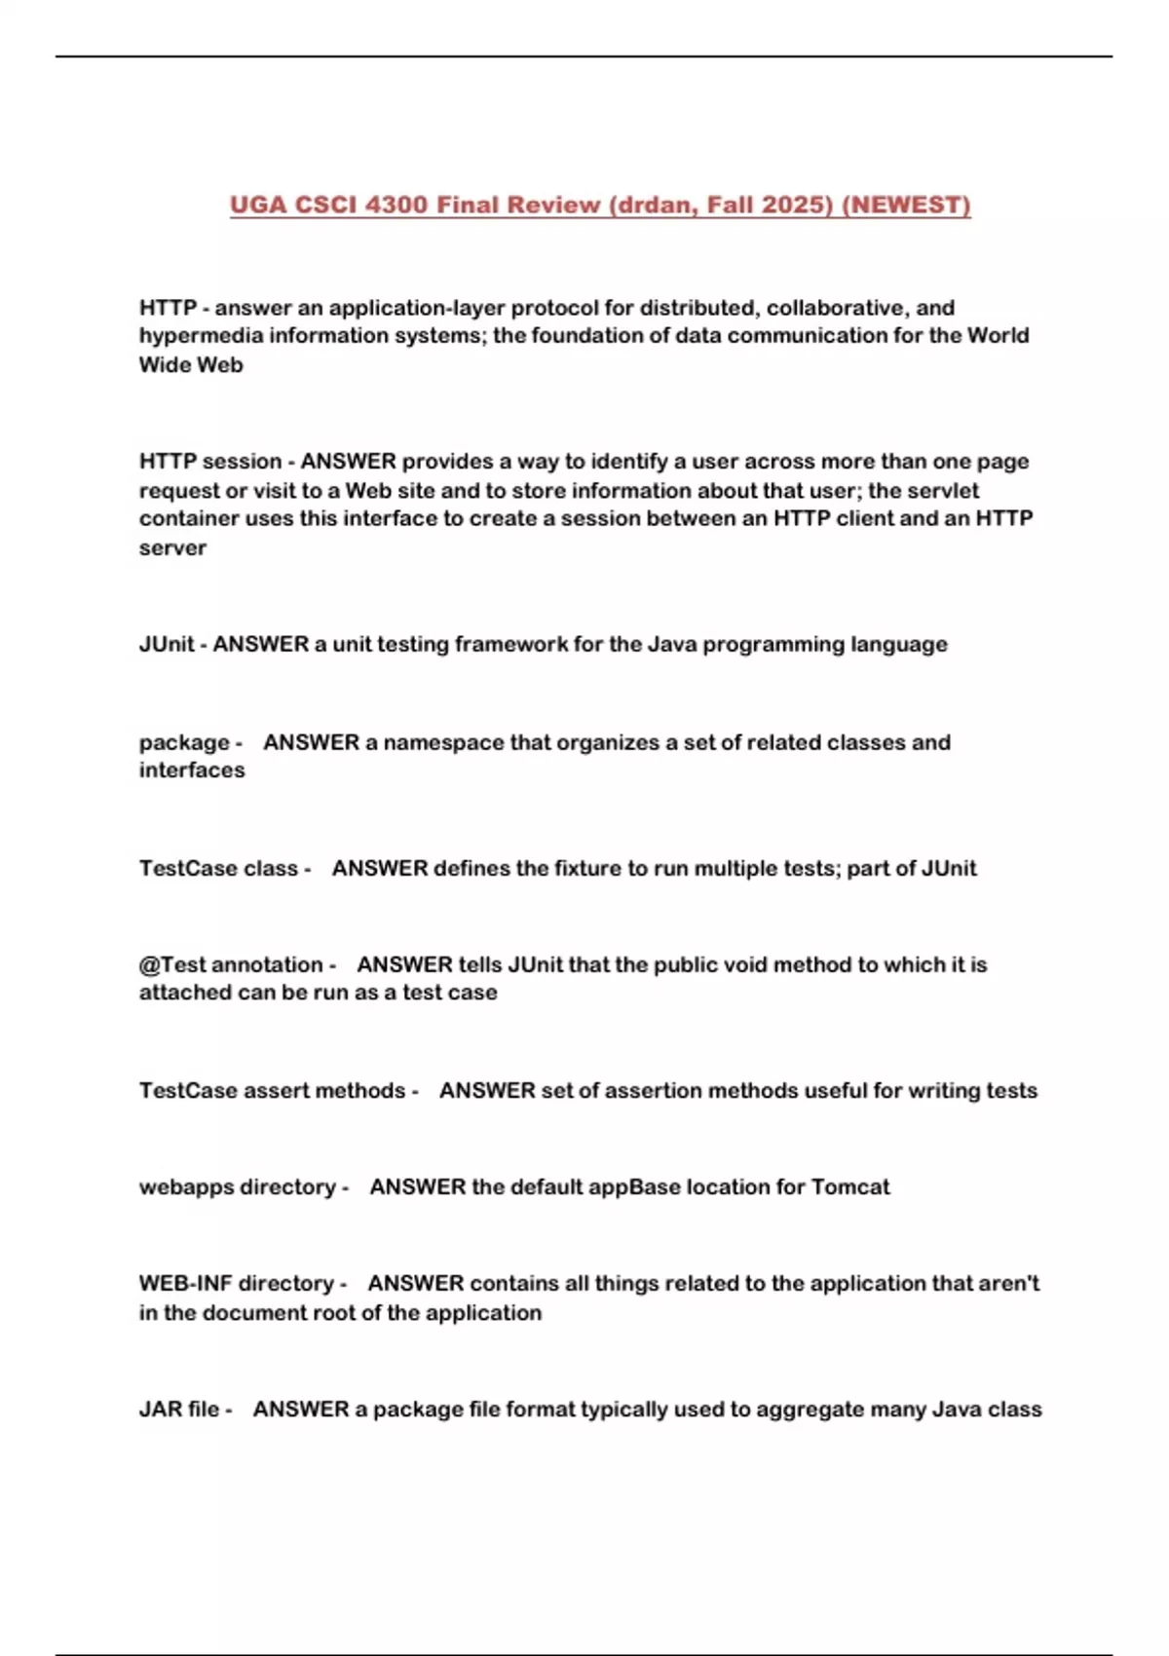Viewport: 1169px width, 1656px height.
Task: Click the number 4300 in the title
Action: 396,206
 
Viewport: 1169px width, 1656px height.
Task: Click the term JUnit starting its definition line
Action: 167,645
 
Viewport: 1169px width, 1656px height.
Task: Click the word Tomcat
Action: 850,1187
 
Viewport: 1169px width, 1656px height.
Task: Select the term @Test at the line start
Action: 171,965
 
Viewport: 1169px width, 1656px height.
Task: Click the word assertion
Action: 654,1091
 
